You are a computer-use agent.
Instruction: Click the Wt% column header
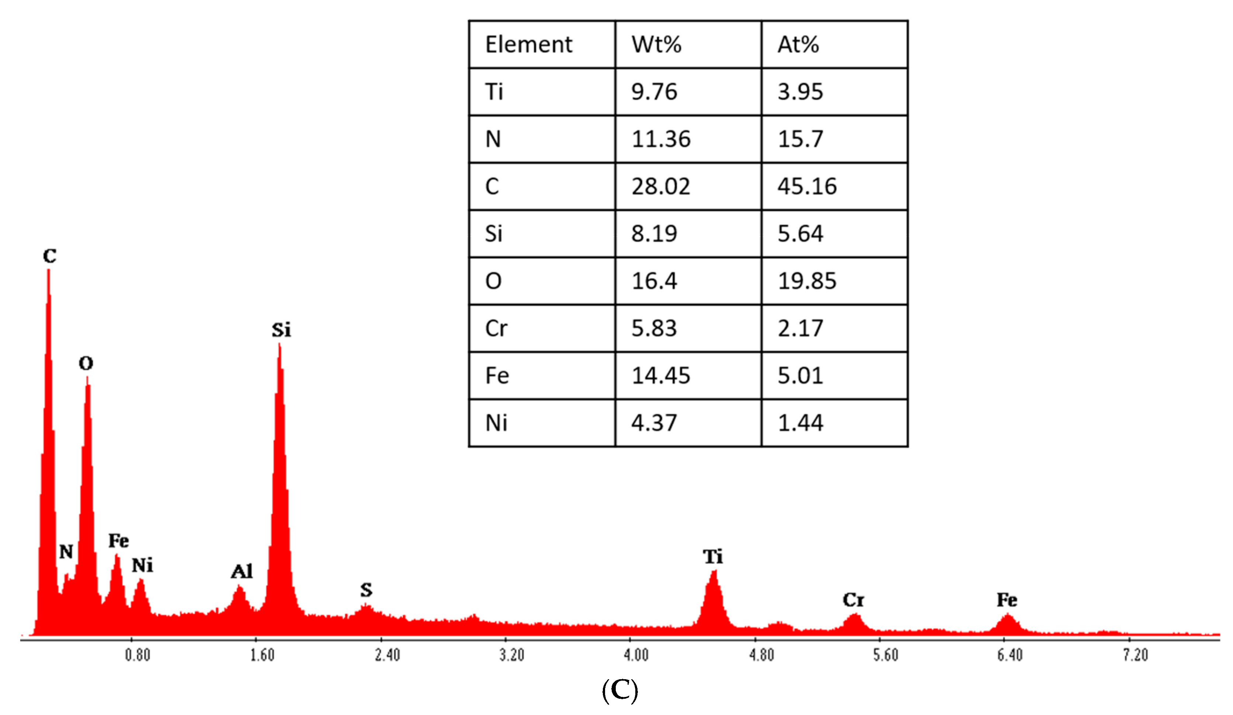click(656, 45)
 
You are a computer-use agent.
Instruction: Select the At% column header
click(798, 45)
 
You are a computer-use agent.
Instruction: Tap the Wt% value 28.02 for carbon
click(660, 186)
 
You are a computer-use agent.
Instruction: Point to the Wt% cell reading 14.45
click(660, 376)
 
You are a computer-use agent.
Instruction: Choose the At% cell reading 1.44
click(800, 423)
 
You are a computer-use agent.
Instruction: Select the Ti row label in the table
click(494, 92)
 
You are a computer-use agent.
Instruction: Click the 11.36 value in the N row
click(660, 139)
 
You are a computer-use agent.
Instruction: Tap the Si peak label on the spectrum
click(281, 330)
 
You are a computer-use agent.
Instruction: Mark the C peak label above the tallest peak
click(49, 256)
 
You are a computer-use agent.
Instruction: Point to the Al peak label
click(242, 571)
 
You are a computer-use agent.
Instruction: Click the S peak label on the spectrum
click(367, 590)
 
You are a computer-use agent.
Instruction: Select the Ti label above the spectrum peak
click(713, 557)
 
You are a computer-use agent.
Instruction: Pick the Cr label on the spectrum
click(853, 600)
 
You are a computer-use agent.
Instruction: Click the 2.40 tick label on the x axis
click(387, 655)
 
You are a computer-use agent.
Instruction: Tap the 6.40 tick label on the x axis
click(1010, 655)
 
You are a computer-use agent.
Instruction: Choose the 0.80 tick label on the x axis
click(138, 655)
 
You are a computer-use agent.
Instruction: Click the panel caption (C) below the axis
click(620, 691)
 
